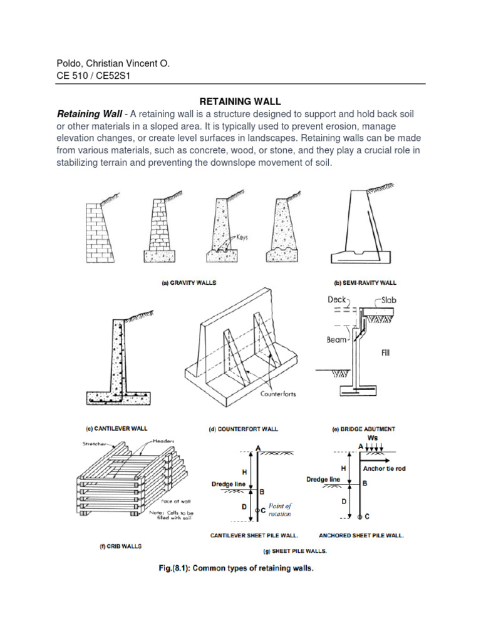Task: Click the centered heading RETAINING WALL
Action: coord(240,101)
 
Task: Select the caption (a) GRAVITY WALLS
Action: coord(189,282)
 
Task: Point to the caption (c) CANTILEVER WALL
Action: coord(116,429)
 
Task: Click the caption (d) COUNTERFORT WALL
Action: coord(243,429)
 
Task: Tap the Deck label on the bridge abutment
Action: coord(337,300)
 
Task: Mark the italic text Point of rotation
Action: coord(280,510)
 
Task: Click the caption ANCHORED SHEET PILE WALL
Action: coord(361,536)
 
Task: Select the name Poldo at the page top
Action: coord(70,64)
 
